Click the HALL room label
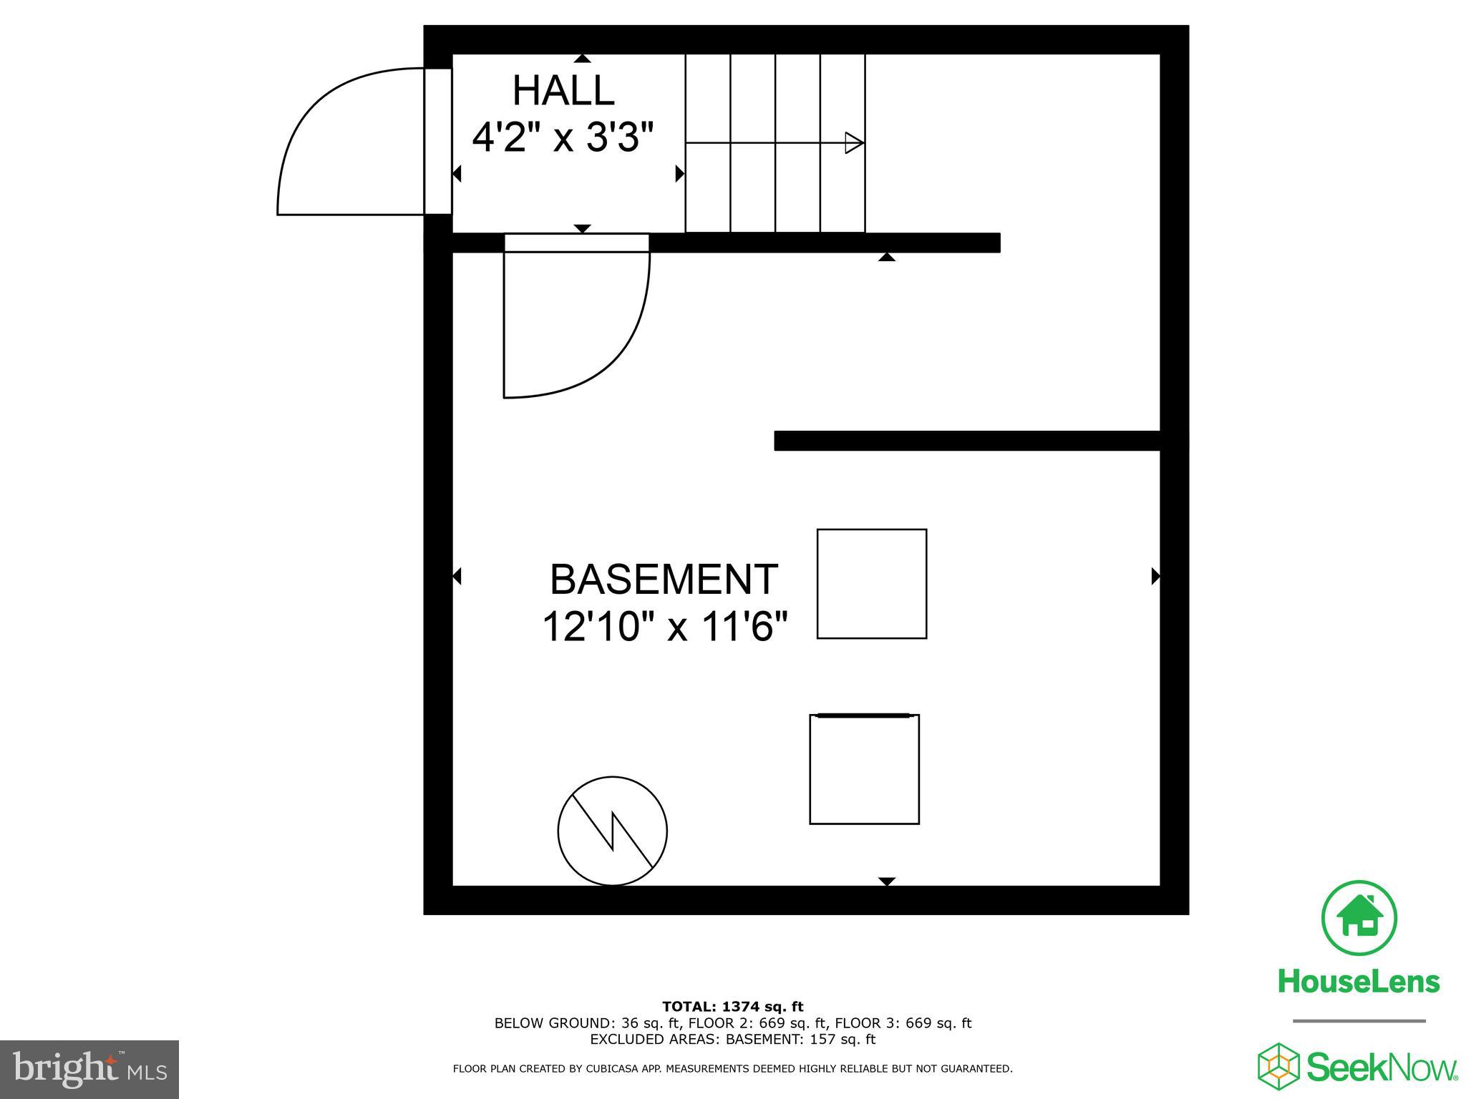(x=563, y=91)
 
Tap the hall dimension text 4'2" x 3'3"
(x=563, y=137)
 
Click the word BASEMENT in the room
(x=663, y=580)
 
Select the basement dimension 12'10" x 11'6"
(x=664, y=627)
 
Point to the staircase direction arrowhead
(x=854, y=142)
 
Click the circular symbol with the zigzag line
(x=612, y=831)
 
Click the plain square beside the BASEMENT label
(x=871, y=584)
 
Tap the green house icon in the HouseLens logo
(x=1359, y=919)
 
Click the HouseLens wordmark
(x=1359, y=982)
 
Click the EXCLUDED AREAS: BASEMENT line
(x=732, y=1040)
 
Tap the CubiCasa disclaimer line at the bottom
(x=732, y=1069)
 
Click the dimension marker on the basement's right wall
(x=1155, y=576)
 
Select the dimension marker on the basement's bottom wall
(x=887, y=881)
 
